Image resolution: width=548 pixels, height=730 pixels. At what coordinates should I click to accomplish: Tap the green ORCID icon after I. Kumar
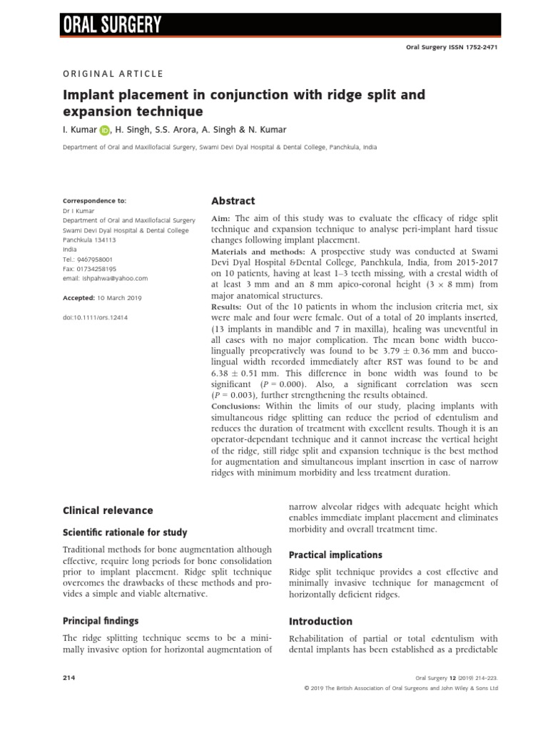(x=106, y=130)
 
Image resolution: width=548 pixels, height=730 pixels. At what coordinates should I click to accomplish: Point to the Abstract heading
(x=233, y=201)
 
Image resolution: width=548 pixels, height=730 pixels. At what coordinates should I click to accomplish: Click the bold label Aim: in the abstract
(x=221, y=217)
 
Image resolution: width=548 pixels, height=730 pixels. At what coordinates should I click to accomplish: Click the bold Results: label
(x=227, y=305)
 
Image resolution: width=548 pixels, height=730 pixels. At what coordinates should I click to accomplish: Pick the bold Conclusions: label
(x=236, y=405)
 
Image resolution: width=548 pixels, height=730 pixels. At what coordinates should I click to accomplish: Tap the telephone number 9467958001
(x=93, y=259)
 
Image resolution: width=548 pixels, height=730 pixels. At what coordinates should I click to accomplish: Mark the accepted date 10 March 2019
(x=120, y=297)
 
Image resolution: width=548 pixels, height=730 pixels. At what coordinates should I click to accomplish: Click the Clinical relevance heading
(x=108, y=510)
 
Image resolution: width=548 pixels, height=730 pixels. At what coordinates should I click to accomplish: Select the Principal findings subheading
(x=101, y=621)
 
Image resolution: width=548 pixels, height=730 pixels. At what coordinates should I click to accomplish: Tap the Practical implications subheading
(x=335, y=555)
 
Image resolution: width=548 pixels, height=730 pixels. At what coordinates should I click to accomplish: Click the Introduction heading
(x=320, y=621)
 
